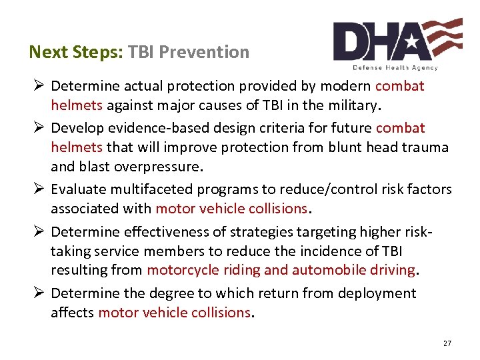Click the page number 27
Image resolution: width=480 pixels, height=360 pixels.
click(x=447, y=343)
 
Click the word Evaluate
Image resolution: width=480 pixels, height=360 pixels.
click(x=77, y=190)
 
